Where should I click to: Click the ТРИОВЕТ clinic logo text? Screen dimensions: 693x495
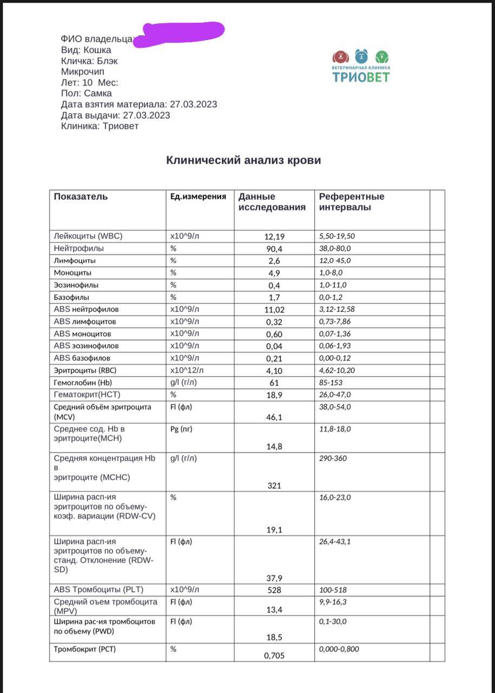click(x=361, y=77)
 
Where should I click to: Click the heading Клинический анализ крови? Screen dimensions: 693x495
click(x=243, y=160)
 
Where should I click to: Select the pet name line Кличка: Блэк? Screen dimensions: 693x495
click(x=89, y=61)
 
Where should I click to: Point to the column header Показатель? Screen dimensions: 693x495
click(x=81, y=197)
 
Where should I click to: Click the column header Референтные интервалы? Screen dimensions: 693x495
click(x=352, y=202)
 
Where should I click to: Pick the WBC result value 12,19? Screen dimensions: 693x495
click(x=274, y=237)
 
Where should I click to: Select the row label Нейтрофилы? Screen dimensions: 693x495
click(x=79, y=249)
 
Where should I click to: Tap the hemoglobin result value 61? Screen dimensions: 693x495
click(x=274, y=383)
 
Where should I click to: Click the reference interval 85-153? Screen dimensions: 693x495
click(x=331, y=382)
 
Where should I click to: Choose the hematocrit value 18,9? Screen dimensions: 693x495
click(x=274, y=395)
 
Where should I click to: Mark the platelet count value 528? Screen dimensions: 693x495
click(x=274, y=590)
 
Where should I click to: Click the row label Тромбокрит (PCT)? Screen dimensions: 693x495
click(x=85, y=649)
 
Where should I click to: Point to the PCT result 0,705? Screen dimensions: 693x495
click(x=274, y=656)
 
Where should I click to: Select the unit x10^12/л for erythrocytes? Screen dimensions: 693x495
click(x=187, y=370)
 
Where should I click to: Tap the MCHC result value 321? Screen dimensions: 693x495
click(x=274, y=486)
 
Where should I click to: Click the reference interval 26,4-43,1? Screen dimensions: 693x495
click(x=335, y=541)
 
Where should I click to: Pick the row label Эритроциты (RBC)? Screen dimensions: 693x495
click(x=85, y=370)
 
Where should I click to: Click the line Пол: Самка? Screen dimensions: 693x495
click(x=87, y=93)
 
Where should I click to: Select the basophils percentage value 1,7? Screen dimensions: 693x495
click(x=274, y=297)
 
